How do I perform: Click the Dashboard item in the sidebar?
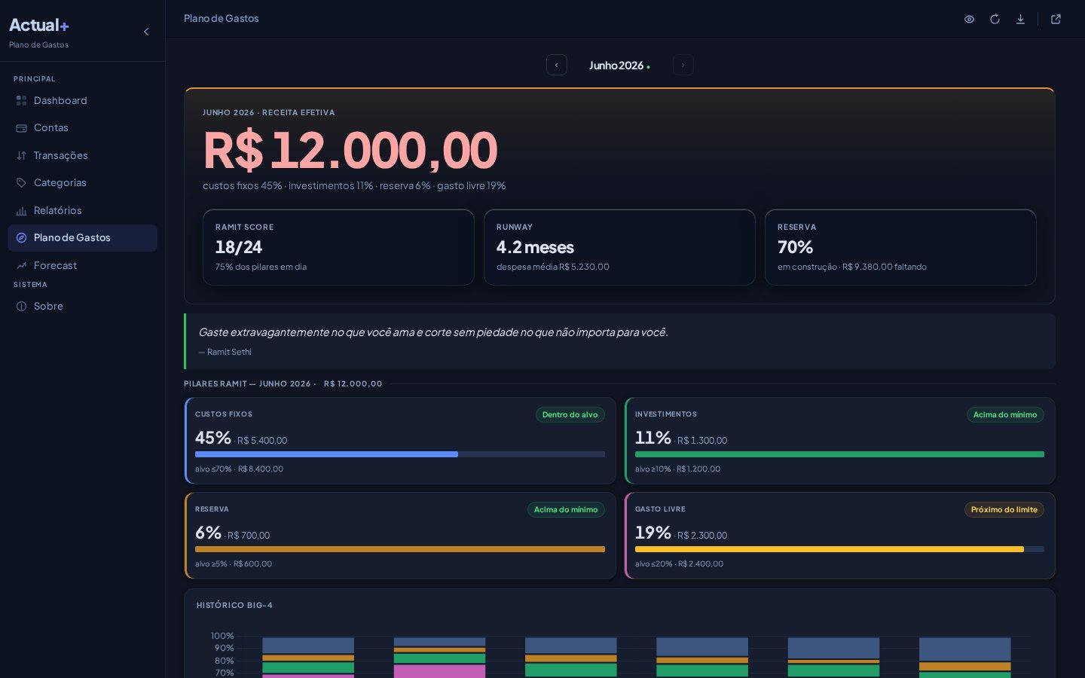tap(51, 100)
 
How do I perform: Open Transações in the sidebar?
tap(51, 155)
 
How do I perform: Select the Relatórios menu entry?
tap(48, 210)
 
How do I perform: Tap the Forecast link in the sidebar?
tap(47, 265)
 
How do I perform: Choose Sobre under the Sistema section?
tap(40, 306)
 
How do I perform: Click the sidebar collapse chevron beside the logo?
tap(146, 32)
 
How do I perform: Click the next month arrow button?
tap(683, 65)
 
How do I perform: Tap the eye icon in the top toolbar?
tap(969, 20)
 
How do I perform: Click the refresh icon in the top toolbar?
tap(995, 20)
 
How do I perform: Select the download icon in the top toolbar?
tap(1020, 20)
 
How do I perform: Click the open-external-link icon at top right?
tap(1056, 20)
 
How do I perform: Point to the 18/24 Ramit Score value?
tap(239, 247)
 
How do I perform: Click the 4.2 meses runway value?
tap(535, 247)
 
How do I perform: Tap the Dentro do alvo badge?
tap(570, 414)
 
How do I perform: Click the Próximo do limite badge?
tap(1004, 509)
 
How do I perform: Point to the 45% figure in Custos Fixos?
tap(213, 438)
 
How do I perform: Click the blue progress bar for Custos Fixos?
tap(326, 454)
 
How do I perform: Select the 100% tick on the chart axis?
tap(222, 636)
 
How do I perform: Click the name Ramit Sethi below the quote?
tap(229, 352)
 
